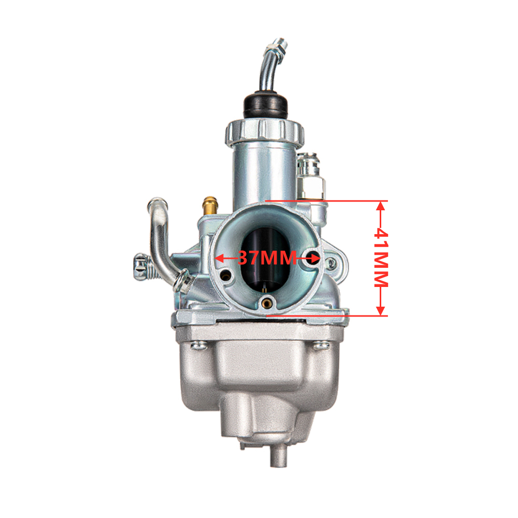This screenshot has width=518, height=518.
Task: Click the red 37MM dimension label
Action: click(267, 258)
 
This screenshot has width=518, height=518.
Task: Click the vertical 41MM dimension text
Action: click(381, 258)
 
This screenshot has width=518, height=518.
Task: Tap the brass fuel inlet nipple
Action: click(210, 206)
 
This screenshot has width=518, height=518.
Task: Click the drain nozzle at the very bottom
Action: click(279, 454)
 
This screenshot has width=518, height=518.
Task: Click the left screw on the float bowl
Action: click(198, 346)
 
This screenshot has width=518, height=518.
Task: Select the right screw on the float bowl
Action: click(321, 346)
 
